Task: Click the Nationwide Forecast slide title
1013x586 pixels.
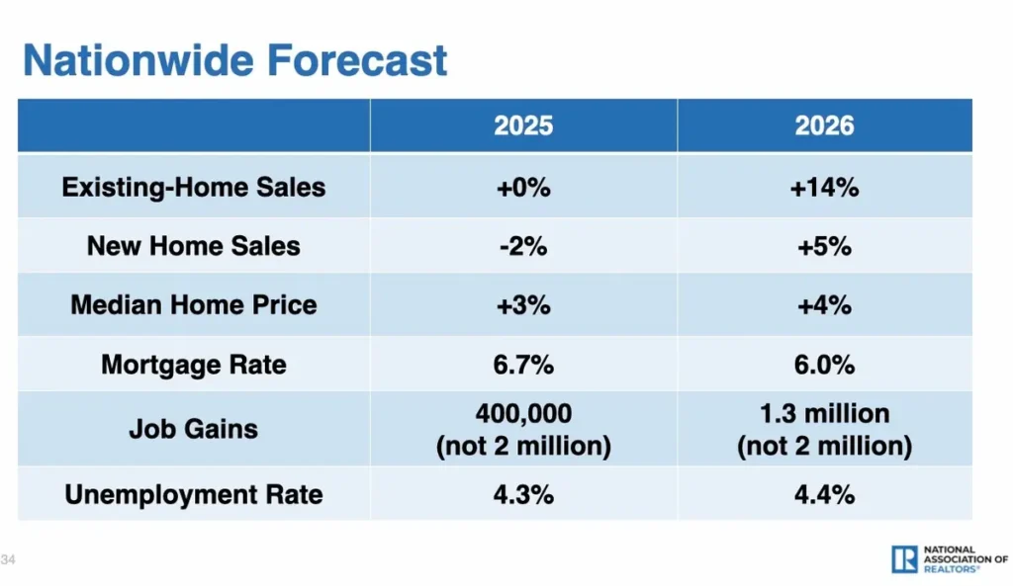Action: (235, 60)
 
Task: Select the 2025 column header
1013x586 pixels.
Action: (523, 126)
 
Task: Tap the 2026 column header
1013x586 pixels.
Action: (824, 126)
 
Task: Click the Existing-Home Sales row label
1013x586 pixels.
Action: (194, 187)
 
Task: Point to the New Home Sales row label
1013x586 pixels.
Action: (194, 245)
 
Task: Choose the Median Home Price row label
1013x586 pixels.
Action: (194, 304)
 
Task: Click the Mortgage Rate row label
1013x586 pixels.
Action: (194, 365)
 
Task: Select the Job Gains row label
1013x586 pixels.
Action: (194, 429)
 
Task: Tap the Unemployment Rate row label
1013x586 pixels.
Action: (194, 494)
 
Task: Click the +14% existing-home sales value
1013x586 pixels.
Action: (824, 187)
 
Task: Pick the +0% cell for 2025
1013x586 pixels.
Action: (523, 187)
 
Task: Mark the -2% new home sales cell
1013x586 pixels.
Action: (523, 245)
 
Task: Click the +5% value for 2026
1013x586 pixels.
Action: (824, 245)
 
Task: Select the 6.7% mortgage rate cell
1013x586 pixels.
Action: (523, 365)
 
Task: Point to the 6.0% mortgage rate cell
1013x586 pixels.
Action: (824, 365)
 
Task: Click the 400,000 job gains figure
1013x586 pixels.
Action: (523, 414)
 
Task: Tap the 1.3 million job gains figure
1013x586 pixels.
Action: (824, 414)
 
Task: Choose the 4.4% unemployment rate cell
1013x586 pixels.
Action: (824, 494)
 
